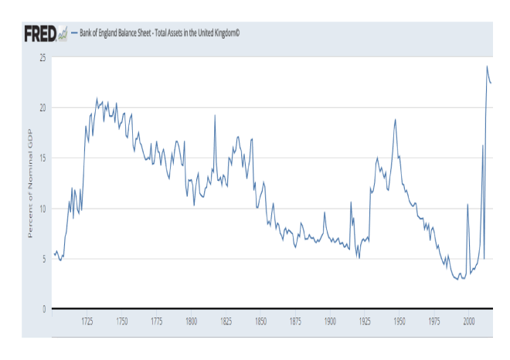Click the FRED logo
click(39, 34)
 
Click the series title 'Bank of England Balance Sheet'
click(155, 34)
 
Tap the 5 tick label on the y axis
click(44, 259)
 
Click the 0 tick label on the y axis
click(44, 309)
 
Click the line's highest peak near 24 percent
click(487, 66)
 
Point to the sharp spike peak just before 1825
click(215, 115)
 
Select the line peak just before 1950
click(395, 119)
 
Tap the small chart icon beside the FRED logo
click(62, 34)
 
